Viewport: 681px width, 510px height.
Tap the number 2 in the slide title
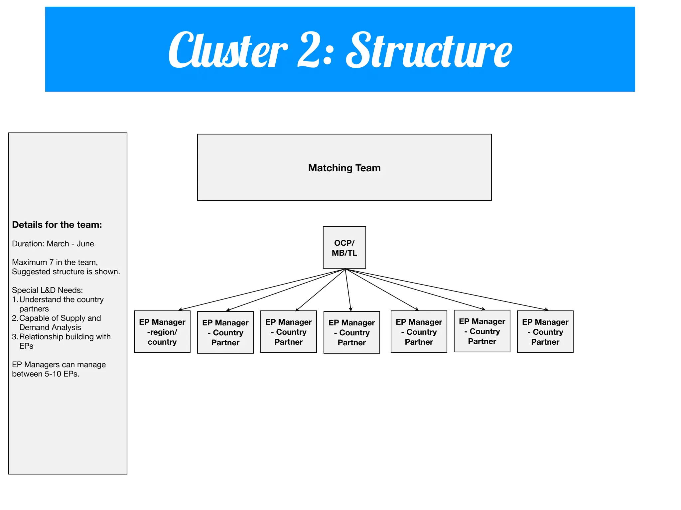point(310,50)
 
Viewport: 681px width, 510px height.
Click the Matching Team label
point(344,168)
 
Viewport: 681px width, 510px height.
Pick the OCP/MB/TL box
point(344,248)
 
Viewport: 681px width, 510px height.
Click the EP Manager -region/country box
point(162,332)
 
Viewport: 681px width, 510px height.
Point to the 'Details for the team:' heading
point(57,225)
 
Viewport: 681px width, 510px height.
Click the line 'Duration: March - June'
point(53,244)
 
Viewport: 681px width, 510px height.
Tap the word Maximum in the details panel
point(29,262)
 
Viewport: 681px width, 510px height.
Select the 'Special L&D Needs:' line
point(47,290)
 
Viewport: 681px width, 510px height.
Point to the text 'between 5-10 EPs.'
point(46,374)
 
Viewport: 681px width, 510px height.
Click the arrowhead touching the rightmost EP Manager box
point(547,310)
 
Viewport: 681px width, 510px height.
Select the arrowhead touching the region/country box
point(180,310)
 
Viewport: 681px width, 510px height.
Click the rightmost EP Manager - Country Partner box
point(545,332)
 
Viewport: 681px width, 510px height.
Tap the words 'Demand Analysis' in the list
point(50,327)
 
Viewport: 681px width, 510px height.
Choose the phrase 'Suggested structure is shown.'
point(66,272)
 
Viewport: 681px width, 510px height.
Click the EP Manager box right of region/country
point(225,332)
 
